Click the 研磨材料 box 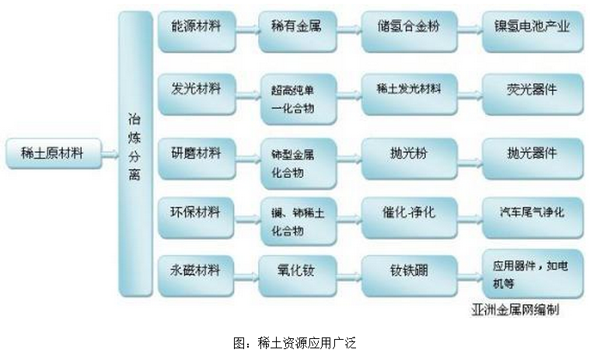[x=196, y=155]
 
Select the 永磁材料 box [x=196, y=274]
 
